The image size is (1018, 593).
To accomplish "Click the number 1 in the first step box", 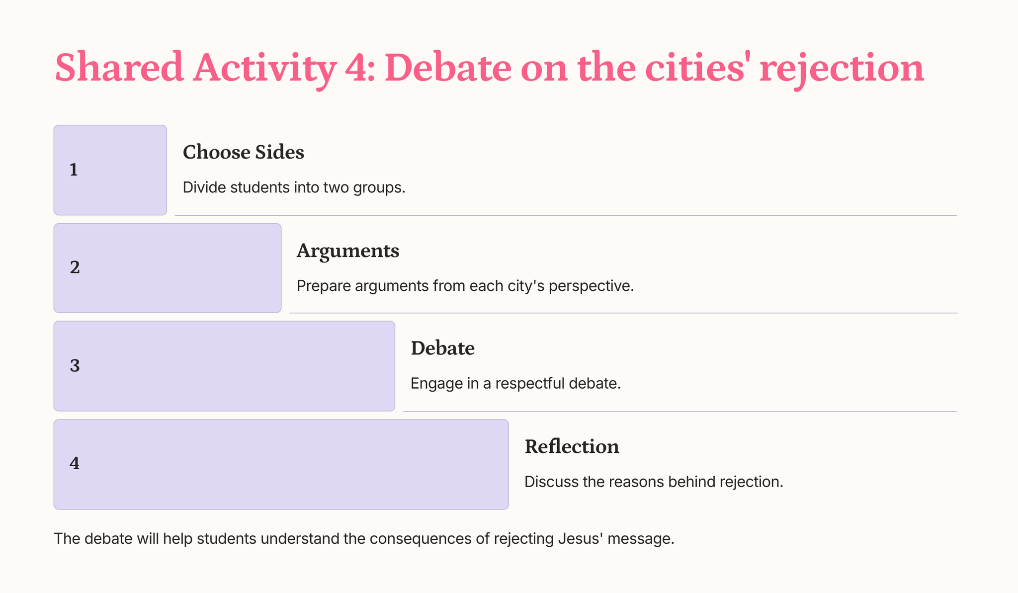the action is tap(74, 170).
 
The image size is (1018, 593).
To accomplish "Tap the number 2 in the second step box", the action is tap(75, 267).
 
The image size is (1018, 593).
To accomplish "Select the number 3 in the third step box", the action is tap(75, 366).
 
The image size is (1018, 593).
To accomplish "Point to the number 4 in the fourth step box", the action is tap(75, 463).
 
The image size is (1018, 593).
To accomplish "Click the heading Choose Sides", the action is tap(244, 152).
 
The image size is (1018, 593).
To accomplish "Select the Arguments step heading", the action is tap(348, 252).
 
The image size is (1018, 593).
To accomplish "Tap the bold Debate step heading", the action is tap(442, 348).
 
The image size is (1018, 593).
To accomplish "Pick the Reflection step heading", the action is tap(572, 446).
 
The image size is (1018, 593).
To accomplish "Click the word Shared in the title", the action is tap(119, 68).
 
